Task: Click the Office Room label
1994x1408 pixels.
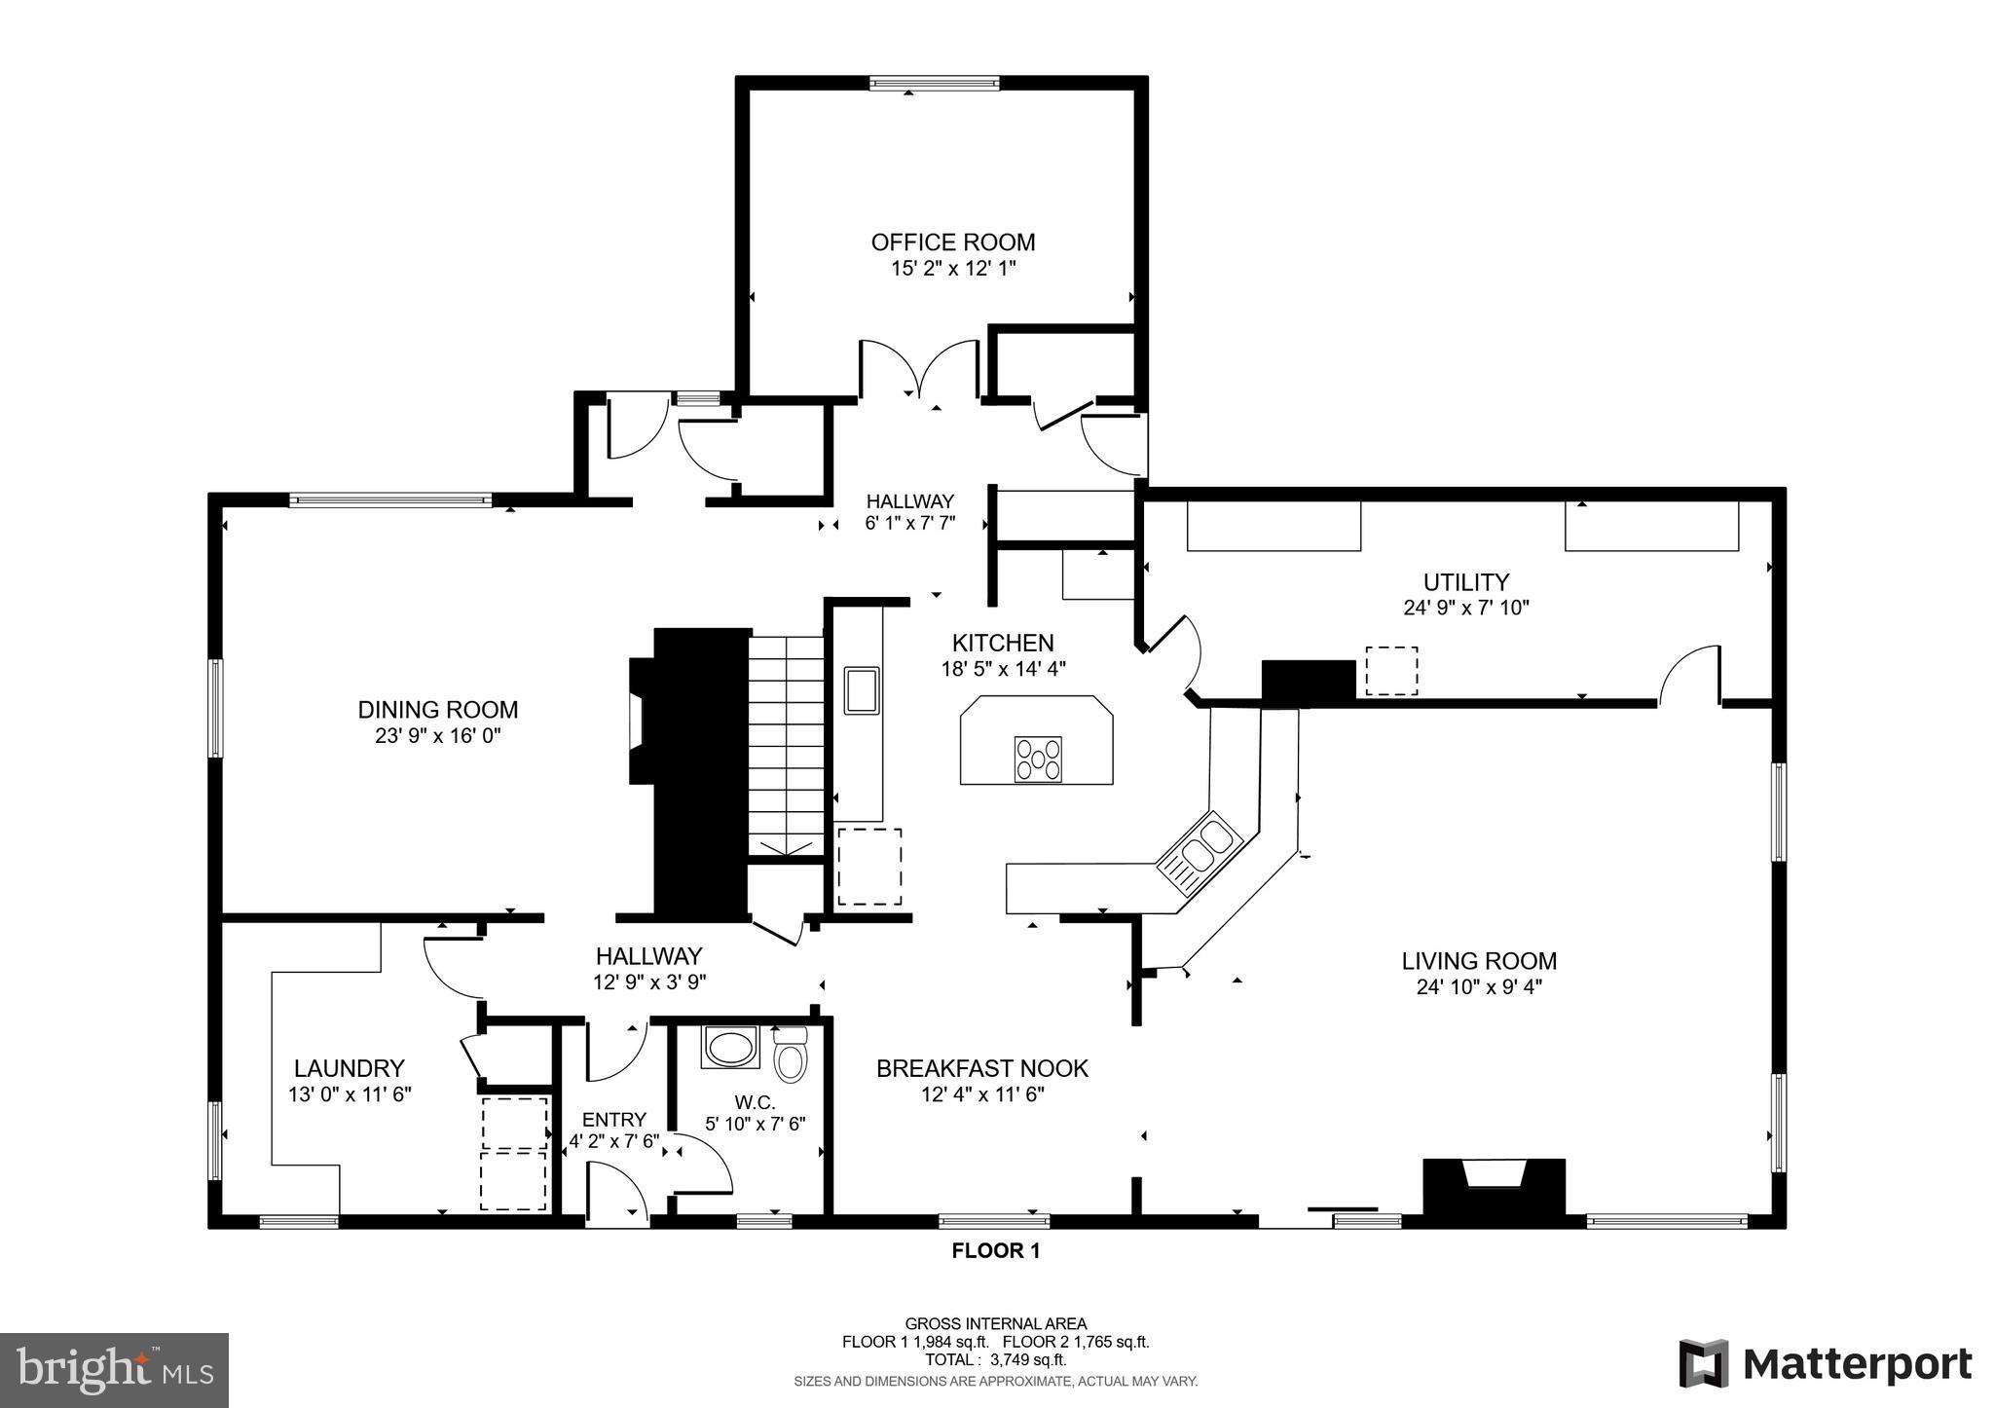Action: (x=952, y=242)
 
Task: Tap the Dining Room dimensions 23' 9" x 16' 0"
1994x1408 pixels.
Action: (x=437, y=736)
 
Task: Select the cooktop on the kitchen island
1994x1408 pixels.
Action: (x=1038, y=760)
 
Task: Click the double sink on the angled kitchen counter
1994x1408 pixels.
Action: (x=1199, y=851)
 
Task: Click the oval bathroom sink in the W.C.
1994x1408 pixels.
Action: (x=727, y=1049)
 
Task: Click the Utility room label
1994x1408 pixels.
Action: (x=1465, y=582)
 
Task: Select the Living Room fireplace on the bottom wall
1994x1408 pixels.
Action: (x=1494, y=1186)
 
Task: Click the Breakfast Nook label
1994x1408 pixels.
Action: (x=981, y=1068)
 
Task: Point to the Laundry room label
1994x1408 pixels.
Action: (x=349, y=1068)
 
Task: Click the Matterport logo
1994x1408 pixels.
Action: (x=1825, y=1363)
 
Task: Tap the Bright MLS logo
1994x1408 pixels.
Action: (x=114, y=1370)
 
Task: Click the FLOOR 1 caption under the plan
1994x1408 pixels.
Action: (x=995, y=1251)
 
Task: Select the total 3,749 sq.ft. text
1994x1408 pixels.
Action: (x=995, y=1360)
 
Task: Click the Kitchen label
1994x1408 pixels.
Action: (x=1002, y=643)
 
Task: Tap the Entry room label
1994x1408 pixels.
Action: (x=613, y=1120)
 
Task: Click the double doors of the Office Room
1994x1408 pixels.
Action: (x=918, y=370)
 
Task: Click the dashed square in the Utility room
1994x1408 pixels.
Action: (x=1390, y=671)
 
